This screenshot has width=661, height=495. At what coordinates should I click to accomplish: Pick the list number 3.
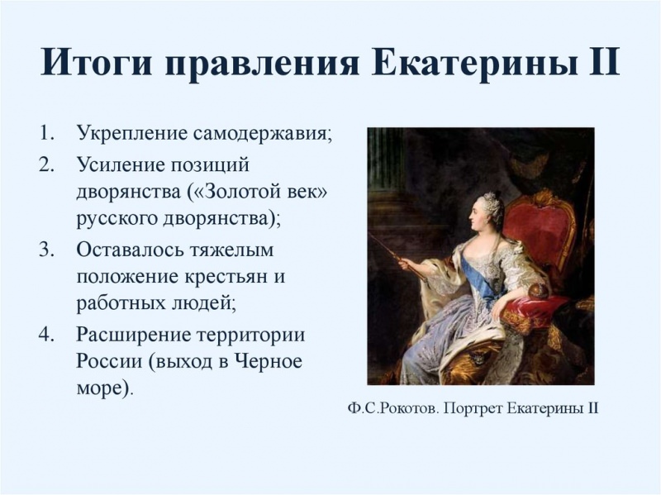click(x=46, y=249)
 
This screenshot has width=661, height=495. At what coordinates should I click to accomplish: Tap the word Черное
click(x=268, y=363)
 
